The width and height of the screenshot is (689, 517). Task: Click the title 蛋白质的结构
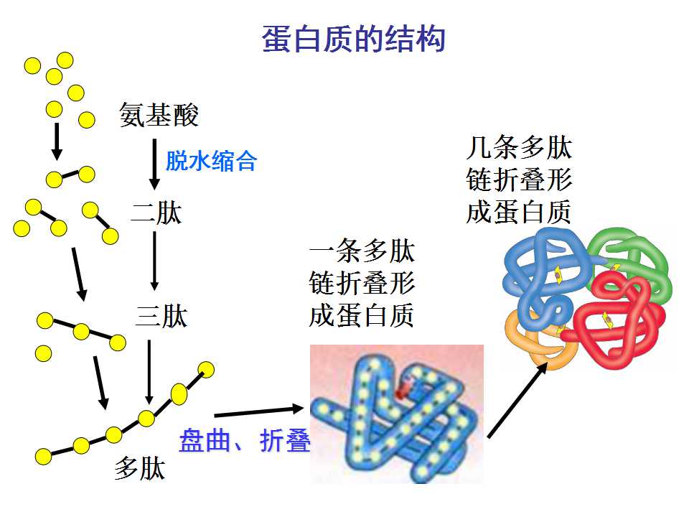[x=353, y=39]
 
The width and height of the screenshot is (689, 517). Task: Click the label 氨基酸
[x=159, y=115]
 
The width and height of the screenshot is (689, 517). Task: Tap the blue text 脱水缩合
[x=211, y=160]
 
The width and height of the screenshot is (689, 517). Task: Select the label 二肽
[x=156, y=214]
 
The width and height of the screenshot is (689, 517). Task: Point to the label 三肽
[x=161, y=316]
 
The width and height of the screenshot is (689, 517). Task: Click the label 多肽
[x=140, y=469]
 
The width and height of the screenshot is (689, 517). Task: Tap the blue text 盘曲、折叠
[x=244, y=440]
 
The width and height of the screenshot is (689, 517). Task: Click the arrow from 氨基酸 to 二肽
[x=154, y=164]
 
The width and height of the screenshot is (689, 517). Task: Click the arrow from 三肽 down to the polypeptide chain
[x=149, y=372]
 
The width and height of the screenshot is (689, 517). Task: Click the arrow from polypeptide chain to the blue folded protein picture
[x=259, y=412]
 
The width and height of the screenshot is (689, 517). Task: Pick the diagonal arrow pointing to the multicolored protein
[x=517, y=400]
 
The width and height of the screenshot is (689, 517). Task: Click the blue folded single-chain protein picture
[x=397, y=414]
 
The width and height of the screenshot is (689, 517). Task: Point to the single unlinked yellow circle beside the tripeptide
[x=43, y=353]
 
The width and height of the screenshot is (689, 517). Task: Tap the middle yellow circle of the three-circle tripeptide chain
[x=81, y=332]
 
